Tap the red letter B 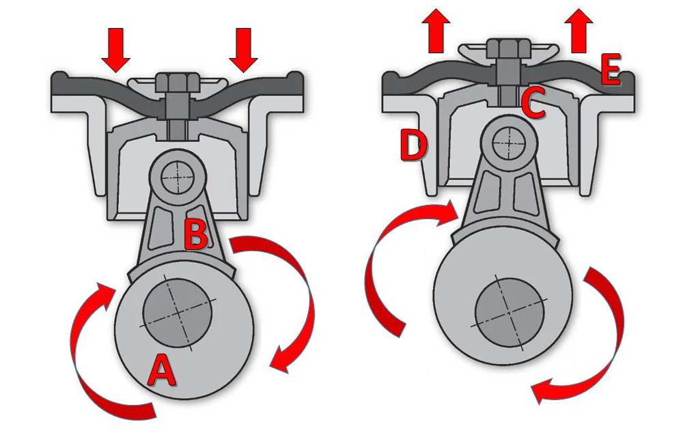[x=196, y=234]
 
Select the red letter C [x=533, y=104]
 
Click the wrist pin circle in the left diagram [x=179, y=176]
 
